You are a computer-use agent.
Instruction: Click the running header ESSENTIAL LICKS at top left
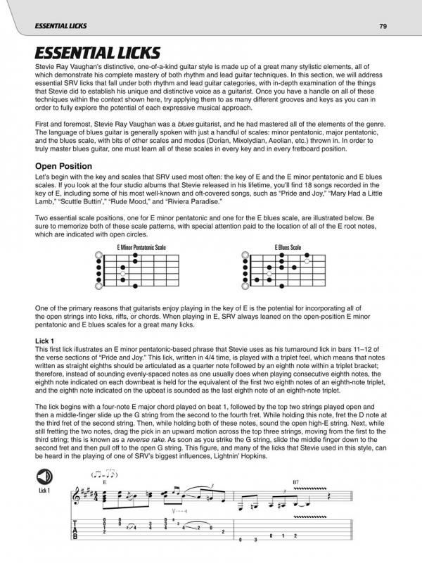coord(49,27)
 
